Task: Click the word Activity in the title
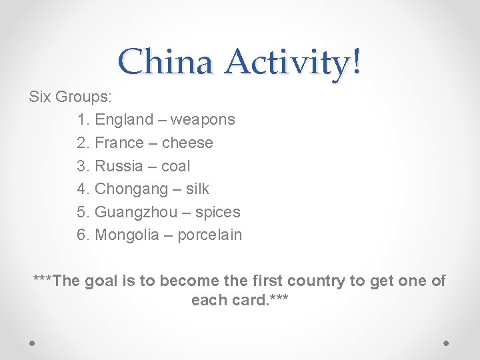287,63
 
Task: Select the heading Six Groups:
71,97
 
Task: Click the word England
124,120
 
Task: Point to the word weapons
203,120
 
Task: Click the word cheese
187,143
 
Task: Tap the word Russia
119,166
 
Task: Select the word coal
175,166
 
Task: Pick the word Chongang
131,189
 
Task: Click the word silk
197,189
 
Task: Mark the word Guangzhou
136,212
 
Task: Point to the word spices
217,212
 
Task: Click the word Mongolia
127,235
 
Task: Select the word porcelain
209,235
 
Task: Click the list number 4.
82,189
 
